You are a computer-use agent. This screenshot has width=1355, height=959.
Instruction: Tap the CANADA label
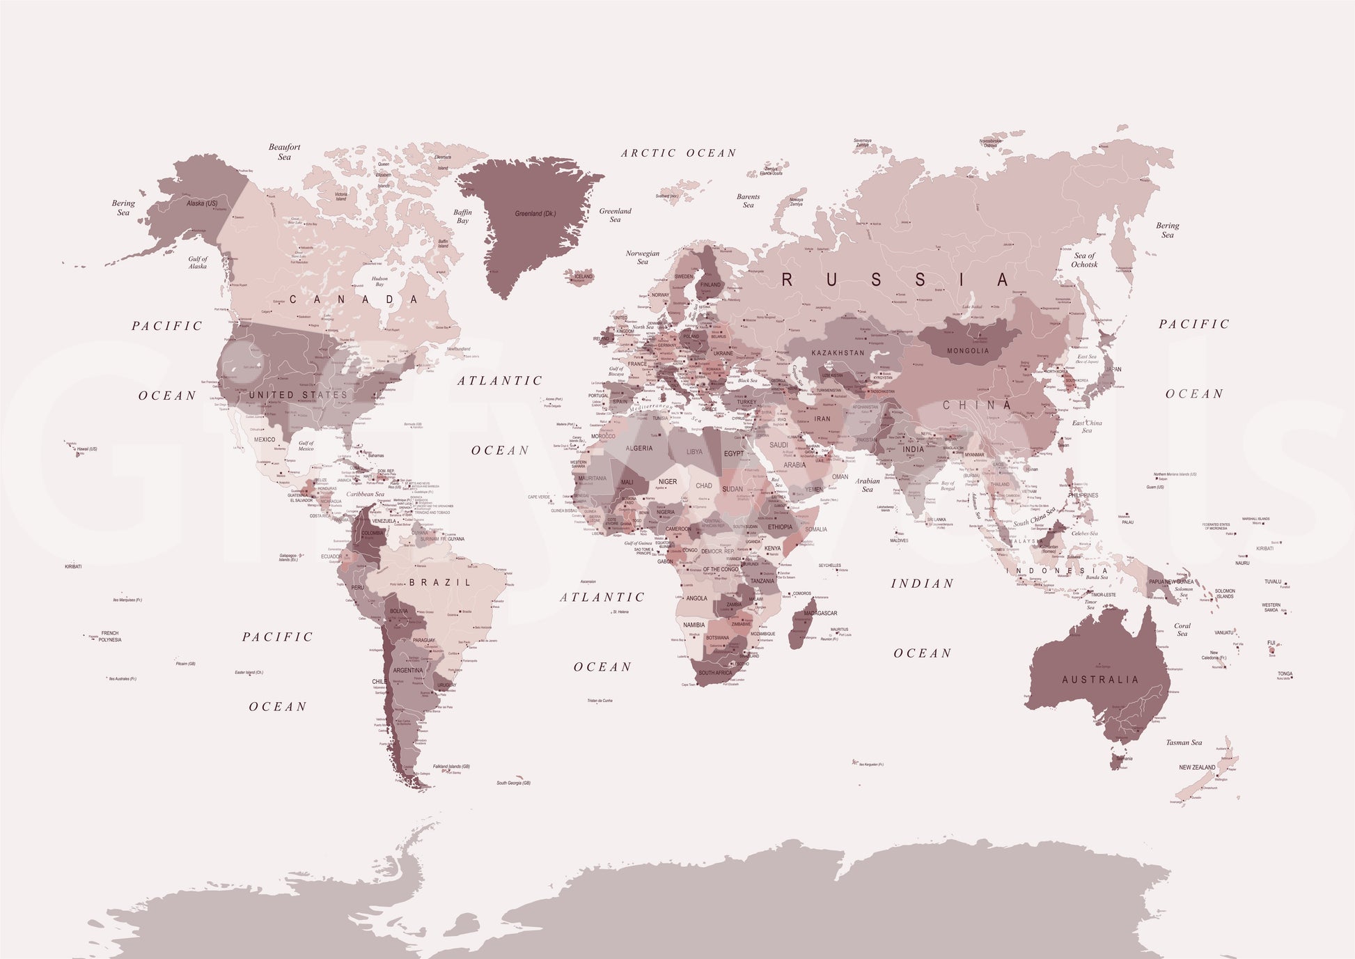[354, 299]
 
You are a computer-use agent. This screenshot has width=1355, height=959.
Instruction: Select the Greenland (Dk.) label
[535, 214]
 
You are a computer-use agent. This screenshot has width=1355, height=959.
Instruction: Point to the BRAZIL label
[440, 582]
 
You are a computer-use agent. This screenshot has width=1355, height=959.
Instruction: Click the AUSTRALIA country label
[1100, 680]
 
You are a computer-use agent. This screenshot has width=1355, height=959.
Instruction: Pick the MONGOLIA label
[967, 351]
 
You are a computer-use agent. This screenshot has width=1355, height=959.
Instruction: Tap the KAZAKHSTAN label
[838, 353]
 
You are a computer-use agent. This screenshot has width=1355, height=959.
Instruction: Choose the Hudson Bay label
[379, 281]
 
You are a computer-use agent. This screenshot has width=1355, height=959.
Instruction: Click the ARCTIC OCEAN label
[678, 153]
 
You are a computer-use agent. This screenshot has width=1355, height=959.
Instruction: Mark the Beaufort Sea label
[285, 152]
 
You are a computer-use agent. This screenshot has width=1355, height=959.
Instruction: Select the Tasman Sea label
[1184, 742]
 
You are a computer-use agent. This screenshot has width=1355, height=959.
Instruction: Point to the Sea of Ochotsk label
[1084, 260]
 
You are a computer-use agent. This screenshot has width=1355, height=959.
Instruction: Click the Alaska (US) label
[202, 203]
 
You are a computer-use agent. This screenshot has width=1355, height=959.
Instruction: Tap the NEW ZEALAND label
[1197, 767]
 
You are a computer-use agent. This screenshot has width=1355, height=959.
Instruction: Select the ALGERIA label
[639, 449]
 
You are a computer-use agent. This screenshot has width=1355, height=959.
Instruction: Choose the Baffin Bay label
[462, 217]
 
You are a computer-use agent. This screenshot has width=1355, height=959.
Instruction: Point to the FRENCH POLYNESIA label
[110, 637]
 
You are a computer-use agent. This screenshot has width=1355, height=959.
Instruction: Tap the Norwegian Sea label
[642, 258]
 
